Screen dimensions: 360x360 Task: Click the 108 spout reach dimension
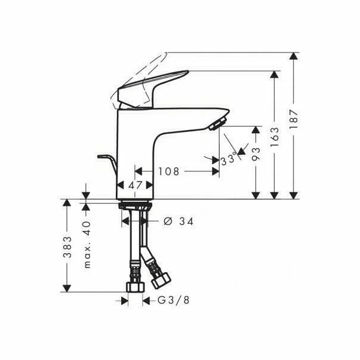[168, 171]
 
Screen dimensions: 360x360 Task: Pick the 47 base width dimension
[136, 185]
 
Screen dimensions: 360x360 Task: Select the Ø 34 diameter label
[178, 221]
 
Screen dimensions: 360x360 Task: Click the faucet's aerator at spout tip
[217, 124]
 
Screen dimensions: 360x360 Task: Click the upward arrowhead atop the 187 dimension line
[293, 56]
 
